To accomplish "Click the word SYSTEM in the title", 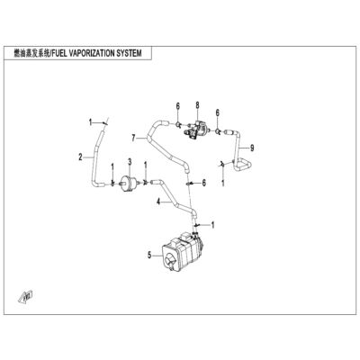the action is coord(129,53).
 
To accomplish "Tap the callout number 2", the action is coord(80,157).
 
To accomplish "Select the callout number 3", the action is coord(130,162).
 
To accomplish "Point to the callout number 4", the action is coord(158,202).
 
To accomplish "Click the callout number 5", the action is coord(149,256).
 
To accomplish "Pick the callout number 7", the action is coord(133,138).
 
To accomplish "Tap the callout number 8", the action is coord(197,105).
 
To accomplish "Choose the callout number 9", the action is coord(252,148).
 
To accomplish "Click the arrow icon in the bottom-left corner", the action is coord(26,296).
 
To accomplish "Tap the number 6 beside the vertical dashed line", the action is coord(204,183).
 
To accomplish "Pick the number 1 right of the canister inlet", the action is coord(213,225).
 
